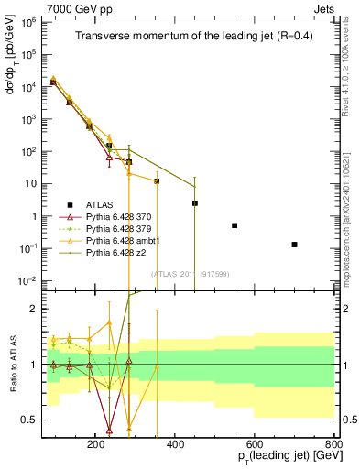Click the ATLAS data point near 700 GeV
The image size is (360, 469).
pyautogui.click(x=294, y=245)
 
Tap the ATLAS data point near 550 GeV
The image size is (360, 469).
pyautogui.click(x=235, y=225)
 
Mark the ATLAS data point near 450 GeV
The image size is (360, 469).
pyautogui.click(x=195, y=203)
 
